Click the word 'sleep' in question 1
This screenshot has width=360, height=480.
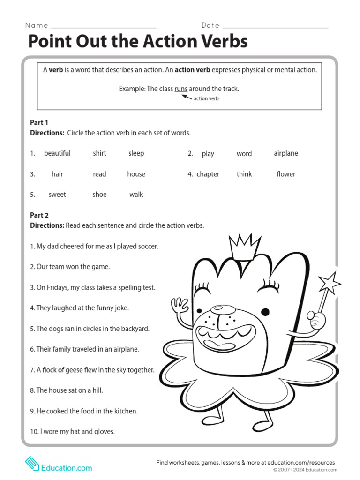pyautogui.click(x=136, y=153)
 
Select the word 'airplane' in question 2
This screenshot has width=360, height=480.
pyautogui.click(x=285, y=153)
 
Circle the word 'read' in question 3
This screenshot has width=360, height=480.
pyautogui.click(x=99, y=174)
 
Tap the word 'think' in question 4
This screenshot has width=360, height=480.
pyautogui.click(x=244, y=174)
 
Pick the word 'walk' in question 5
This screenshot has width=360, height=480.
pyautogui.click(x=136, y=195)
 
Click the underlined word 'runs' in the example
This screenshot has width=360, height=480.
pyautogui.click(x=181, y=89)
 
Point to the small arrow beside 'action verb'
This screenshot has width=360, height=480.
pyautogui.click(x=187, y=97)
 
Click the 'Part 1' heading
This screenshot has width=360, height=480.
pyautogui.click(x=39, y=122)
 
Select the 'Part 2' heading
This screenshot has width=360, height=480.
pyautogui.click(x=39, y=215)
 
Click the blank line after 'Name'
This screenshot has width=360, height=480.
pyautogui.click(x=103, y=28)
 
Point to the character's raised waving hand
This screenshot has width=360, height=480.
pyautogui.click(x=180, y=307)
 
